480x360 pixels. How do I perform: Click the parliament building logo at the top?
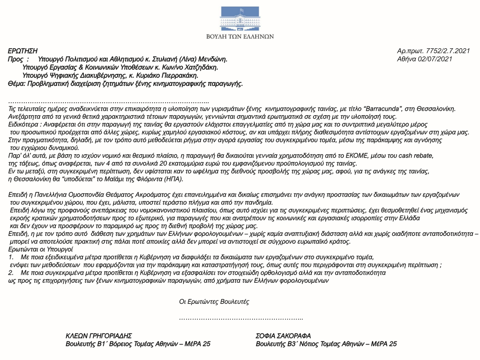[x=240, y=18]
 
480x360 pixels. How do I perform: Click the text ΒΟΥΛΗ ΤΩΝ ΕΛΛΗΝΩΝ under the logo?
[x=240, y=36]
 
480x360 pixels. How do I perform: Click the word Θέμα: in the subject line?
[x=18, y=83]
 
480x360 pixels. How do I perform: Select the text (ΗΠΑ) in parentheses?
[x=173, y=179]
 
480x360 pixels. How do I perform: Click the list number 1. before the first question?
[x=11, y=258]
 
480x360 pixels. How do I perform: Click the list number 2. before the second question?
[x=11, y=272]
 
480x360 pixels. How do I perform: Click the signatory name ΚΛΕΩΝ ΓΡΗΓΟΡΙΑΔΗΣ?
[x=99, y=336]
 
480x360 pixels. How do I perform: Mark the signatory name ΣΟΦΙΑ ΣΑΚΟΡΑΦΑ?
[x=283, y=336]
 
